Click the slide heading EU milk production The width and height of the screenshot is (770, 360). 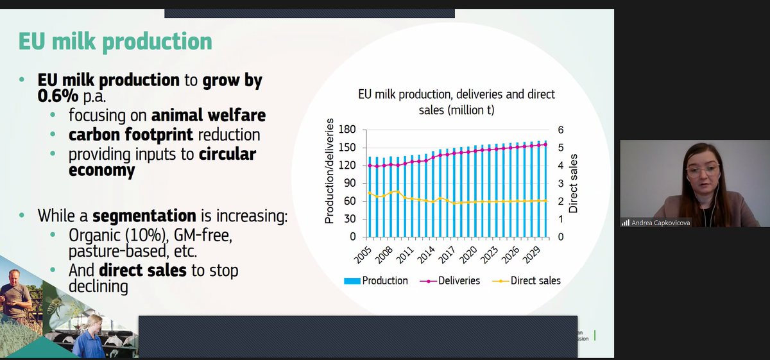click(115, 42)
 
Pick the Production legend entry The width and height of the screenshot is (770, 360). click(377, 280)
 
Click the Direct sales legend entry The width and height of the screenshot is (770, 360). click(528, 280)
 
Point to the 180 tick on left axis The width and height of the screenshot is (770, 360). click(348, 130)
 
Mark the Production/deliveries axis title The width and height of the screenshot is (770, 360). click(330, 171)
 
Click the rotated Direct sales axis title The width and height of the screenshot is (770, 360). click(574, 184)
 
